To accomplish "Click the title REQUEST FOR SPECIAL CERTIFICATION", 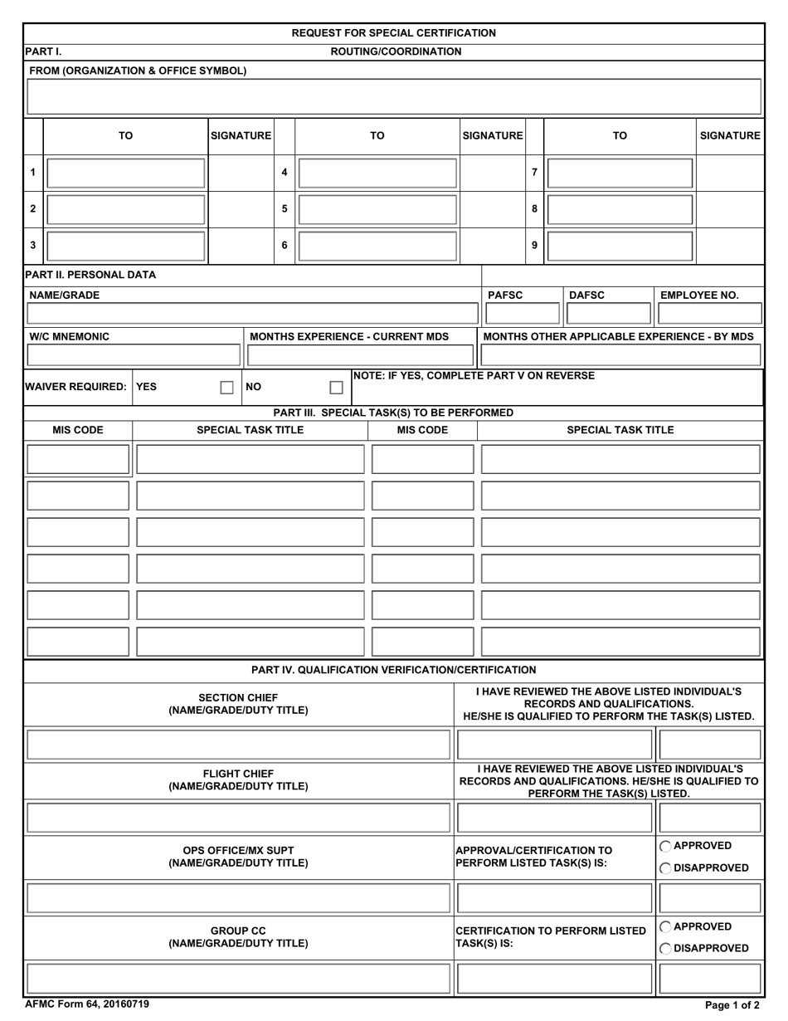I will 394,33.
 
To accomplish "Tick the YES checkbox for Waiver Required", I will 226,387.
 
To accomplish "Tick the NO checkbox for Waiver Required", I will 336,387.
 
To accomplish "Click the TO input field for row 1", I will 125,173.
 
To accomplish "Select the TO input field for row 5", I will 377,209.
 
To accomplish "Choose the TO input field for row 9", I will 620,246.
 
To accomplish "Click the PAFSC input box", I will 522,313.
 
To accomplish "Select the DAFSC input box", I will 608,313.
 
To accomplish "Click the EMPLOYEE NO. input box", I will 709,313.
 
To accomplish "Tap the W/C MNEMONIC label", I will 70,336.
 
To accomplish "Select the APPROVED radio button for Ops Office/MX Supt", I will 666,846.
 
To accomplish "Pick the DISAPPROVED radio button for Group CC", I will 666,948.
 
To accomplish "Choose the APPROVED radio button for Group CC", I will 666,926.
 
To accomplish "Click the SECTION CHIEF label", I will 238,697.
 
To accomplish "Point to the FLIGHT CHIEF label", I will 238,774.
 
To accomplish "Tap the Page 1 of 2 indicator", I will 732,1005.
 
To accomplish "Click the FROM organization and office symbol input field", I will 394,96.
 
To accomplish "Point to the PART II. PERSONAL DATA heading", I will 90,275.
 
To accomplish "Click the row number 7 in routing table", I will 534,173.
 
